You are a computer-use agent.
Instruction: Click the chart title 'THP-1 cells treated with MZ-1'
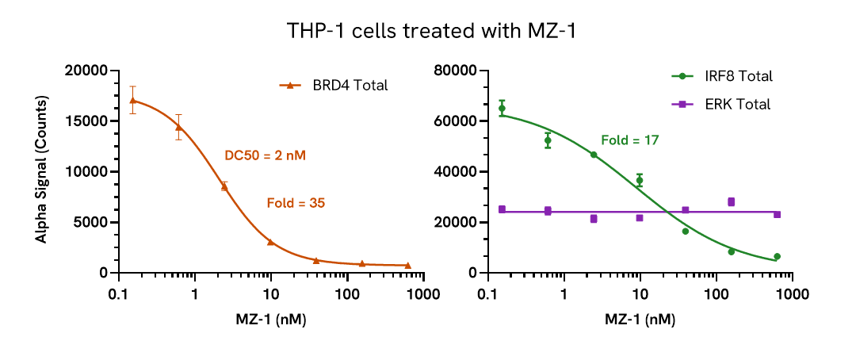coord(427,33)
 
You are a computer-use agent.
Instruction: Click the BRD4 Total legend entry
coord(333,86)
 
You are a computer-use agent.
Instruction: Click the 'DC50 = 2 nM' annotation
coord(266,156)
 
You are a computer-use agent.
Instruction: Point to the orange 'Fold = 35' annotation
coord(295,204)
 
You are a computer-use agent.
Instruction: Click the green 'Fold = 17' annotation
coord(630,140)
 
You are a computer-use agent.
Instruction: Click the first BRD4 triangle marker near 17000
coord(133,101)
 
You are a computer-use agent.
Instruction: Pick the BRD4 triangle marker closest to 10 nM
coord(270,242)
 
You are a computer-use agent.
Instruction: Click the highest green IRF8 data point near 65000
coord(502,109)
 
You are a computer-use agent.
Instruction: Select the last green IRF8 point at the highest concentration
coord(777,256)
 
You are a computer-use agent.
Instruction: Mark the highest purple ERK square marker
coord(731,202)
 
